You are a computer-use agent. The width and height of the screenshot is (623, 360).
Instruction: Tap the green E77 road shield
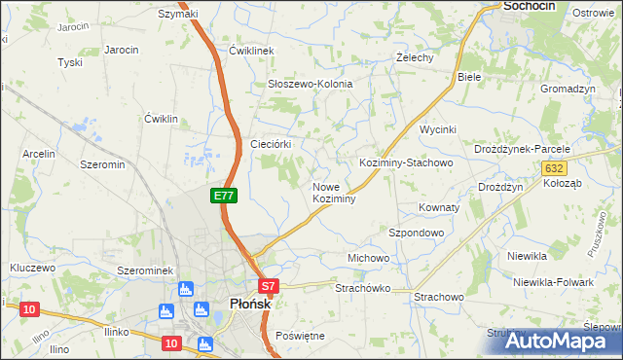(x=224, y=196)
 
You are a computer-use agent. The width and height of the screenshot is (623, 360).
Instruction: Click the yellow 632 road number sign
(x=553, y=168)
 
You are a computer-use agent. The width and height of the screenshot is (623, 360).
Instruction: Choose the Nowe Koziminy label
(x=333, y=193)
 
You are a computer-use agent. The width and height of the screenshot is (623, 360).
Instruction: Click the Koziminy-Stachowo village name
(x=406, y=162)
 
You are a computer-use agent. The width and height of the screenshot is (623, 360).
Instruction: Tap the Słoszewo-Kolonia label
(x=310, y=84)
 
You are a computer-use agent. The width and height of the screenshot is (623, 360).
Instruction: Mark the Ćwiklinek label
(x=253, y=51)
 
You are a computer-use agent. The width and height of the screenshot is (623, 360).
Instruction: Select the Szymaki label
(x=178, y=14)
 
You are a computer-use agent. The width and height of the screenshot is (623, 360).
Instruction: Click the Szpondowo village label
(x=416, y=234)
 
